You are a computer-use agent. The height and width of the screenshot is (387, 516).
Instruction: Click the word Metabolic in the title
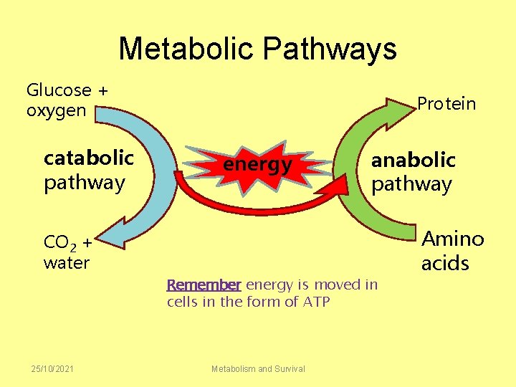[x=186, y=49]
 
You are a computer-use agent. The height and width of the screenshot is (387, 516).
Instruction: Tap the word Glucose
[x=59, y=90]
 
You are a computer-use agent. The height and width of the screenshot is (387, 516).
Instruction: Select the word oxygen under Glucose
[x=56, y=111]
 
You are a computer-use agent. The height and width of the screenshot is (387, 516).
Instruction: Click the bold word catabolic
[x=89, y=157]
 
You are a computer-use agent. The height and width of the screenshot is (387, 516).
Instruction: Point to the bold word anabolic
[x=413, y=159]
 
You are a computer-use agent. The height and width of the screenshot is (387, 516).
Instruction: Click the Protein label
[x=446, y=104]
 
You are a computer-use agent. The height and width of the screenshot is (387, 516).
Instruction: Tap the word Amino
[x=452, y=239]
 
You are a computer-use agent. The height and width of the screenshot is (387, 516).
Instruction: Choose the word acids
[x=445, y=263]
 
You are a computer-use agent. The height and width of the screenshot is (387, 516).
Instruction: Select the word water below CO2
[x=67, y=262]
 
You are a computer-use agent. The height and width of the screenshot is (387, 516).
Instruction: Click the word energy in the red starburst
[x=257, y=166]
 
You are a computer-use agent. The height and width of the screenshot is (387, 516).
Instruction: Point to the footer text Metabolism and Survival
[x=258, y=368]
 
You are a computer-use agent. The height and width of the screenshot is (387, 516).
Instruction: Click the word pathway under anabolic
[x=411, y=184]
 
